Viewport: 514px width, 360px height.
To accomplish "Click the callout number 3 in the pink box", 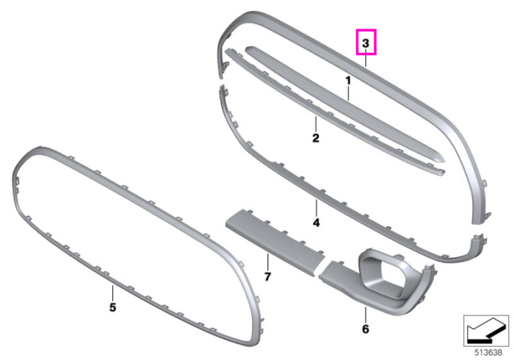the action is [x=366, y=43].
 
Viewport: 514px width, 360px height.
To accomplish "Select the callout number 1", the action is [x=348, y=80].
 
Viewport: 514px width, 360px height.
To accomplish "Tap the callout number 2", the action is [x=316, y=137].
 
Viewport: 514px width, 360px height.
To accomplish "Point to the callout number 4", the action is [x=316, y=223].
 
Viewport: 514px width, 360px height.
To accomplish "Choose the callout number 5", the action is [x=112, y=308].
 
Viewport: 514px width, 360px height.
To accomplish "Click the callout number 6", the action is [x=366, y=328].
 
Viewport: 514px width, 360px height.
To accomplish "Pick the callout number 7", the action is [x=267, y=277].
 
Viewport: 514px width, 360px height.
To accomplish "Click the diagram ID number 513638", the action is [x=488, y=353].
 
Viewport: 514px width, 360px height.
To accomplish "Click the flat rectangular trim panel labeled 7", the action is [x=275, y=243].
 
